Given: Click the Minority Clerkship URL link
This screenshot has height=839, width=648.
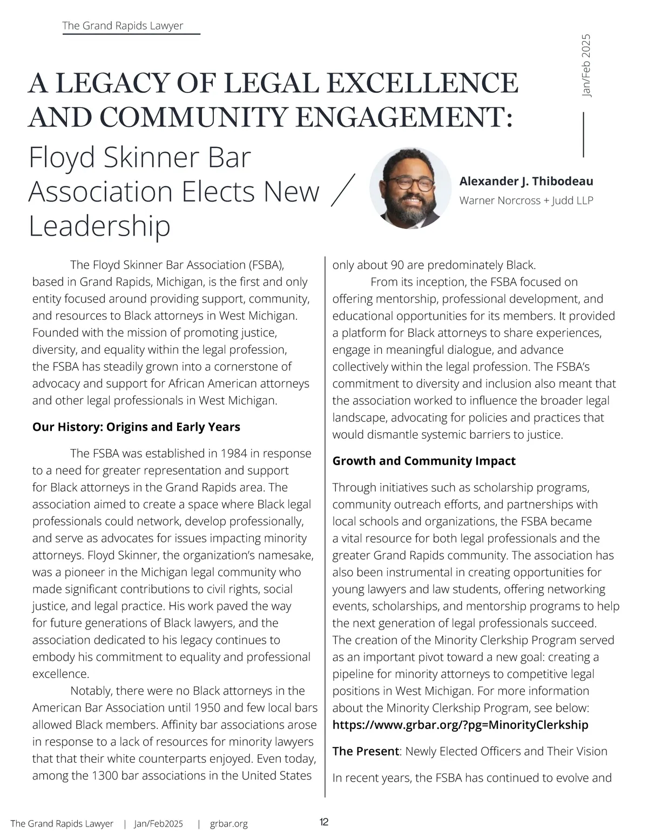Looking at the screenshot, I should pos(460,725).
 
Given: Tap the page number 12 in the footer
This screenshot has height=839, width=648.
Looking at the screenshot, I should pos(324,822).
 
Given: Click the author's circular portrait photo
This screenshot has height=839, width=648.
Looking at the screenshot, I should pos(410,187).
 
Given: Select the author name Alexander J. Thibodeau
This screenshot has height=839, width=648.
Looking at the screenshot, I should pos(526,182).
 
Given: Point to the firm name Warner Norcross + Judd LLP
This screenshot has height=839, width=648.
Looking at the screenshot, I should pos(526,200).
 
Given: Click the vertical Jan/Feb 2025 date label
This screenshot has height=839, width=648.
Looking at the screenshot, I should pos(586,66).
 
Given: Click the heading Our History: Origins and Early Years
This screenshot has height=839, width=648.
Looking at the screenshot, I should pos(136,427).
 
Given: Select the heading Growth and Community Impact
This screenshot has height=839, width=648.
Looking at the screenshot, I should pos(423,461).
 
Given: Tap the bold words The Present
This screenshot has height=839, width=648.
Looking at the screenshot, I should pos(366,751).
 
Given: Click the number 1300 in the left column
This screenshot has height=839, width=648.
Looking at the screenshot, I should pos(106,776).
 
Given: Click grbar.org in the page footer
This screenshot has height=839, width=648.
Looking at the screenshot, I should pos(229,824).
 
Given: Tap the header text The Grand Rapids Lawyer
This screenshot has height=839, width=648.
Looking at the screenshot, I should pos(123,25).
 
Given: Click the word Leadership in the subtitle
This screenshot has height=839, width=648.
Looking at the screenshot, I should pos(99,226).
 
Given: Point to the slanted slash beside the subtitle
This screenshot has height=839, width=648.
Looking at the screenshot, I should pos(342,190).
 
